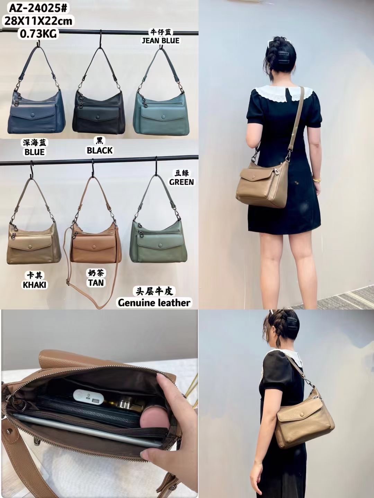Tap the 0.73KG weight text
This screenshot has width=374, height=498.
[38, 34]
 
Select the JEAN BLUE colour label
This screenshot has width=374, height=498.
[161, 40]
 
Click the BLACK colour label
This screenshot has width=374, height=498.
[100, 150]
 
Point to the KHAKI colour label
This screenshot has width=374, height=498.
[35, 285]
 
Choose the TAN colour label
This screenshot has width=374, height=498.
[96, 283]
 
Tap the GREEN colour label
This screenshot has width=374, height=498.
[181, 182]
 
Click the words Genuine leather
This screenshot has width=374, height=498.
[154, 302]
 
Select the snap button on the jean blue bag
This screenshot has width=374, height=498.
[163, 117]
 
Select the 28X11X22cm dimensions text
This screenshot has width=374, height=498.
[38, 21]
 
